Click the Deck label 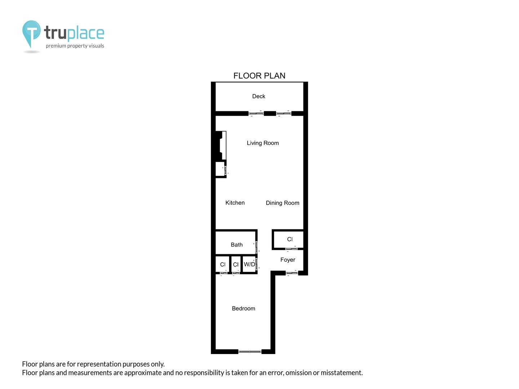pyautogui.click(x=258, y=96)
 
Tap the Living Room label pyautogui.click(x=263, y=143)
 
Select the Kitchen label pyautogui.click(x=235, y=203)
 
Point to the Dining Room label pyautogui.click(x=282, y=203)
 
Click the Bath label pyautogui.click(x=236, y=245)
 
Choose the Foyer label pyautogui.click(x=288, y=260)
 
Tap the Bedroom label pyautogui.click(x=243, y=308)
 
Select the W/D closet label pyautogui.click(x=249, y=264)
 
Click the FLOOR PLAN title pyautogui.click(x=259, y=76)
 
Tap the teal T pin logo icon pyautogui.click(x=31, y=33)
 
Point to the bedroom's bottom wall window pyautogui.click(x=250, y=352)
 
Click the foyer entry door pyautogui.click(x=292, y=273)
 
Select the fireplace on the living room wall pyautogui.click(x=221, y=146)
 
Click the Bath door pyautogui.click(x=256, y=247)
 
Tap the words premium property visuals pyautogui.click(x=75, y=46)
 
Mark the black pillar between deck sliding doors pyautogui.click(x=270, y=113)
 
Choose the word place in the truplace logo pyautogui.click(x=85, y=33)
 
